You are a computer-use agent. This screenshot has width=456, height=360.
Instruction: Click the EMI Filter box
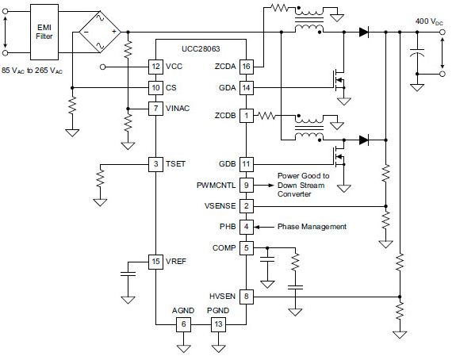[x=44, y=32]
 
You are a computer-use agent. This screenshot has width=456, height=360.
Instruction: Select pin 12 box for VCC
[x=155, y=67]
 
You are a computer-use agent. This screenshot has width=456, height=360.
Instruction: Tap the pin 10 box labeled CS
[x=155, y=87]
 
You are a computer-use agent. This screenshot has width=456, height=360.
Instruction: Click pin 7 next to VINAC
[x=155, y=109]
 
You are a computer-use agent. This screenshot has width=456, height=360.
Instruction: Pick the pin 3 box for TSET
[x=155, y=164]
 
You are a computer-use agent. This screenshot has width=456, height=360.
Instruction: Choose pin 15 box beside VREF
[x=155, y=262]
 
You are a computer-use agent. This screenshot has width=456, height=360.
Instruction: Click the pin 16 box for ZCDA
[x=247, y=67]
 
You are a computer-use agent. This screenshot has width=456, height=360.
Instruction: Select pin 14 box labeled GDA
[x=247, y=87]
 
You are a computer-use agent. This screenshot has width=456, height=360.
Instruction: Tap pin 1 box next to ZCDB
[x=247, y=116]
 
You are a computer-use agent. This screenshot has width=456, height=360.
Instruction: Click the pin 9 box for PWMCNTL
[x=247, y=186]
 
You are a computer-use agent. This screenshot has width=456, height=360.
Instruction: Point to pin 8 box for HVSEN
[x=247, y=297]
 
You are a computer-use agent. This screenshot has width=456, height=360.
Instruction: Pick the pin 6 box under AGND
[x=183, y=324]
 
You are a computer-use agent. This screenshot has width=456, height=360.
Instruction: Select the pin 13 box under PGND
[x=218, y=324]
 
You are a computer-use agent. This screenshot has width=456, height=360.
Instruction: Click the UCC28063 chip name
[x=201, y=49]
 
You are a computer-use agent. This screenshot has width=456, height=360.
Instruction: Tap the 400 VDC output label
[x=429, y=21]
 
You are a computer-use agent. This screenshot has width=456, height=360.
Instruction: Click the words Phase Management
[x=312, y=227]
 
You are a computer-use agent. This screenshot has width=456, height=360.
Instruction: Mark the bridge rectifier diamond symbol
[x=100, y=32]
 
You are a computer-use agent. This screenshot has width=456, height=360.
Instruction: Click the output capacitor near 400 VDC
[x=417, y=52]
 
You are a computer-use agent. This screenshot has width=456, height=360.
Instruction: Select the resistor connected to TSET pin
[x=100, y=178]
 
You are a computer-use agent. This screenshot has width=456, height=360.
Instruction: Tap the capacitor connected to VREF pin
[x=128, y=274]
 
